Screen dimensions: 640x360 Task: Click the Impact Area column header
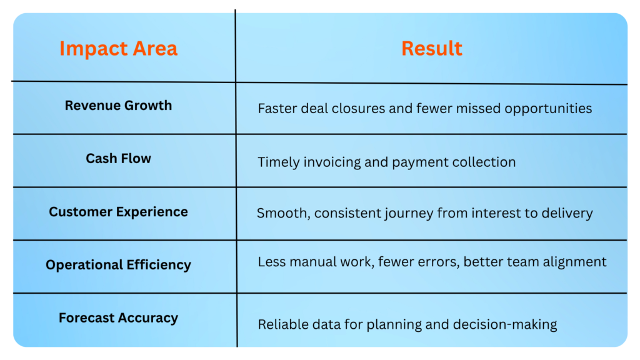pyautogui.click(x=118, y=48)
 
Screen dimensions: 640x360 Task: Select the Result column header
pyautogui.click(x=431, y=48)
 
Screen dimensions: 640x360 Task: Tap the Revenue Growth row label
pyautogui.click(x=118, y=105)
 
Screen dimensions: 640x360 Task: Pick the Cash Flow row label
pyautogui.click(x=118, y=158)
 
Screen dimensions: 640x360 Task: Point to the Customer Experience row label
pyautogui.click(x=118, y=212)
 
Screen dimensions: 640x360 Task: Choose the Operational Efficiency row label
pyautogui.click(x=118, y=265)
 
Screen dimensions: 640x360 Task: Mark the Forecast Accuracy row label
pyautogui.click(x=118, y=317)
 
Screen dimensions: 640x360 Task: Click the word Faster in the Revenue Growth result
pyautogui.click(x=277, y=109)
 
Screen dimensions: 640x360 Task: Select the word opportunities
pyautogui.click(x=548, y=109)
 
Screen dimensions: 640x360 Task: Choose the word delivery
pyautogui.click(x=567, y=213)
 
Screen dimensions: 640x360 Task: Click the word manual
pyautogui.click(x=308, y=262)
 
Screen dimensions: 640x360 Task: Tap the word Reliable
pyautogui.click(x=283, y=324)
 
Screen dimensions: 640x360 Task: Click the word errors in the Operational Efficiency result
pyautogui.click(x=437, y=262)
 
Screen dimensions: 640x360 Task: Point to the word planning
pyautogui.click(x=394, y=325)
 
